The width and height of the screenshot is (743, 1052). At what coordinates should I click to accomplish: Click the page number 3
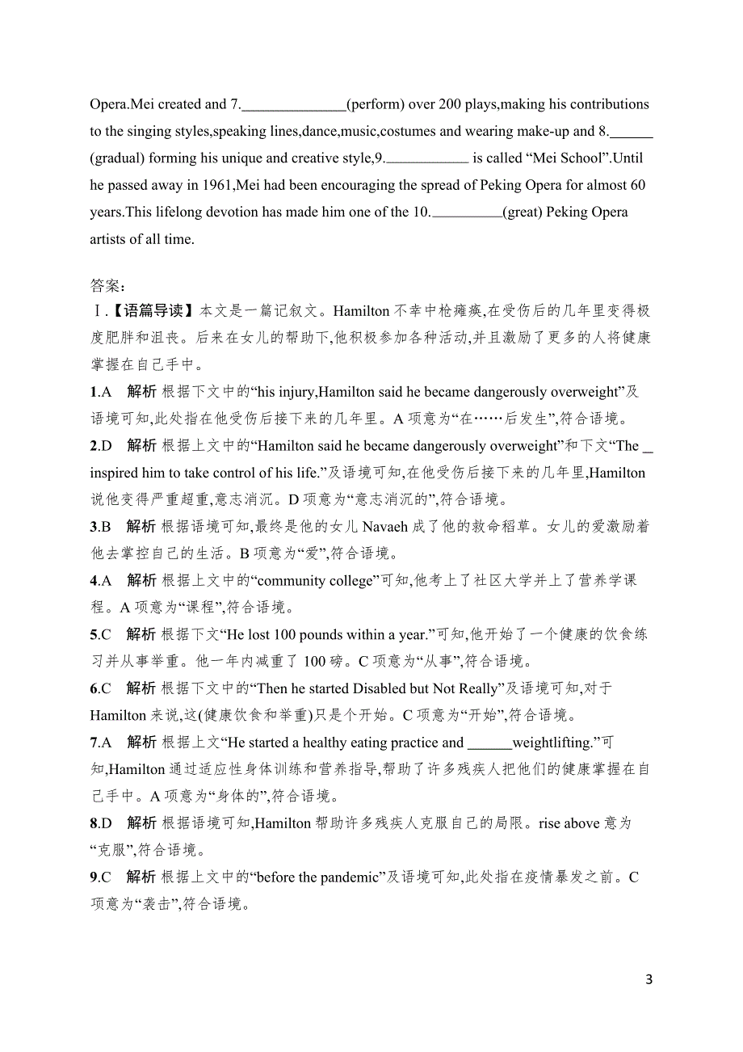click(x=649, y=979)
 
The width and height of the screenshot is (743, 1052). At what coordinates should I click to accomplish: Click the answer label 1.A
click(x=99, y=392)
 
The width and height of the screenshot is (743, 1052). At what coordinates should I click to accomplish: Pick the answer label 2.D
click(x=99, y=446)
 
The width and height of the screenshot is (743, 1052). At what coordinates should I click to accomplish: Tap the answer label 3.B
click(x=99, y=527)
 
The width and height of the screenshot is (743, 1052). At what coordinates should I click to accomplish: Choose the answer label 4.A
click(x=99, y=581)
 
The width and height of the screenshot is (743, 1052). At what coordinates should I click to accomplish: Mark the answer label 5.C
click(x=99, y=635)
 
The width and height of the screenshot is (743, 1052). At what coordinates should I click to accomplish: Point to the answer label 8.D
click(x=99, y=823)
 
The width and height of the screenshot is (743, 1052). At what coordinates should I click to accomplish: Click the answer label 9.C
click(x=99, y=877)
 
